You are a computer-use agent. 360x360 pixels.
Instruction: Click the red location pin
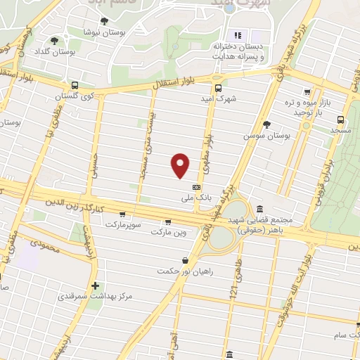click(181, 165)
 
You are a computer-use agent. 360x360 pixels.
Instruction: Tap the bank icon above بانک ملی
click(196, 187)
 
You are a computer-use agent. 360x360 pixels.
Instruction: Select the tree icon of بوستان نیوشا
click(105, 22)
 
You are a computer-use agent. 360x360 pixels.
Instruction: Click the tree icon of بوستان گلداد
click(55, 41)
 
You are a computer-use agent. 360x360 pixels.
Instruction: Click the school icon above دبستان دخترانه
click(237, 34)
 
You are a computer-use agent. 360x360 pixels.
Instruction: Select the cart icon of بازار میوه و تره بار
click(307, 92)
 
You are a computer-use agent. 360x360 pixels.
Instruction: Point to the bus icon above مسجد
click(340, 119)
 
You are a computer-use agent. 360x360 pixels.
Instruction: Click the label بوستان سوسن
click(266, 134)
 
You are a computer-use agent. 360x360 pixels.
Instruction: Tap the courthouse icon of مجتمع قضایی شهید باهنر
click(260, 209)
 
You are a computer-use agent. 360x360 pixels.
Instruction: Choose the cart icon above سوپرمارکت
click(123, 214)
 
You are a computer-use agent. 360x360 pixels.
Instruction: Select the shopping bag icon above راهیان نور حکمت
click(184, 260)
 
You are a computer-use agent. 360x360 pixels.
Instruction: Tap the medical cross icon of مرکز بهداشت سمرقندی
click(95, 286)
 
